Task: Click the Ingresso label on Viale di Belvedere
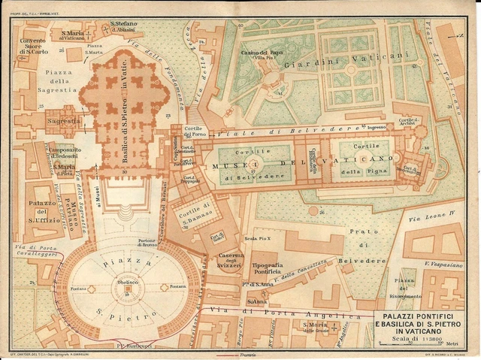[378, 128]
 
